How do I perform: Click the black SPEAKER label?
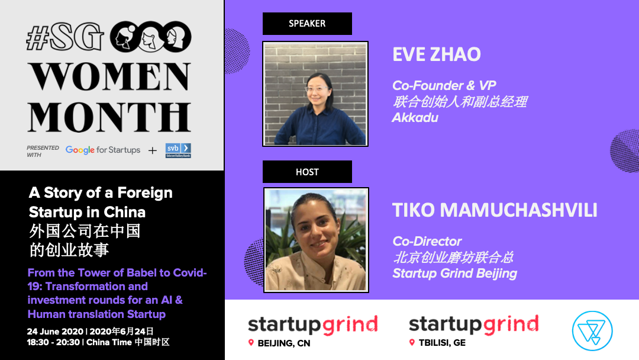coord(307,24)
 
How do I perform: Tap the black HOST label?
coord(307,172)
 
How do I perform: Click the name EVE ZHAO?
coord(437,54)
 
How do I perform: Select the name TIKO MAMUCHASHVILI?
coord(495,210)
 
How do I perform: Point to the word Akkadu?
coord(415,118)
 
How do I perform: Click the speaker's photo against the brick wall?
coord(315,94)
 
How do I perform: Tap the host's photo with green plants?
coord(316,240)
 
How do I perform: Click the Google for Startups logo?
coord(103,150)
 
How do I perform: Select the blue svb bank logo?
coord(178,150)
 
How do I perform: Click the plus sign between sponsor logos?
coord(153,151)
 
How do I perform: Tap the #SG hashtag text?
coord(65,37)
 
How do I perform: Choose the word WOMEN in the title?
coord(109,76)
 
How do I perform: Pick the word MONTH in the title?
coord(109,117)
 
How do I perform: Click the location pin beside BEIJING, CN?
coord(251,343)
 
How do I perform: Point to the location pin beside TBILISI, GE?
coord(412,342)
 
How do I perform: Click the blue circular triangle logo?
coord(592,330)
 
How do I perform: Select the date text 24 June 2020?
coord(55,332)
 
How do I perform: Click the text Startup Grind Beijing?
coord(455,274)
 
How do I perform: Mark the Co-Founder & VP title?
coord(444,86)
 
